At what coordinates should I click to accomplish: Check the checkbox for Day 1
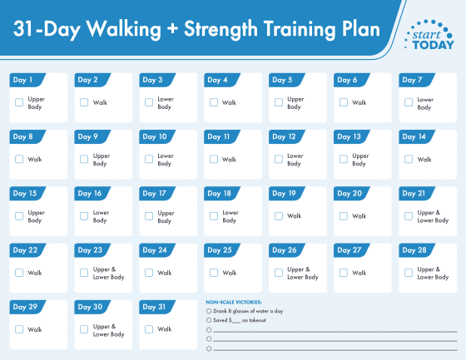(x=19, y=102)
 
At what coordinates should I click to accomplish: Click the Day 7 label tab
(x=412, y=81)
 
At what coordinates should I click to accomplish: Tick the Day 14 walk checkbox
(x=409, y=159)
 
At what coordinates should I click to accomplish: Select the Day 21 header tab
(x=414, y=194)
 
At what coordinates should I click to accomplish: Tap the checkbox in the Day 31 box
(x=149, y=329)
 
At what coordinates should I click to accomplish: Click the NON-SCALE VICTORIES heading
(x=234, y=302)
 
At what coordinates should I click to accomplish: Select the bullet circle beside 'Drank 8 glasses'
(x=208, y=311)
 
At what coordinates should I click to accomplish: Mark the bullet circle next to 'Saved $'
(x=208, y=320)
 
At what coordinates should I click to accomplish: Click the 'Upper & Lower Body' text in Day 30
(x=108, y=329)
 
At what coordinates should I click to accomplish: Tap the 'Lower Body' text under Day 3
(x=165, y=102)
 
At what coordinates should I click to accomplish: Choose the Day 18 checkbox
(x=214, y=215)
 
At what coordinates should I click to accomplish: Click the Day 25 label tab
(x=220, y=250)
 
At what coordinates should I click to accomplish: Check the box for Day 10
(x=149, y=159)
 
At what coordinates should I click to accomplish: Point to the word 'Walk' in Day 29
(x=34, y=329)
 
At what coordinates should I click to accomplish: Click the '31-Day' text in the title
(x=47, y=29)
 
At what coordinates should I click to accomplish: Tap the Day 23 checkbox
(x=84, y=272)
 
